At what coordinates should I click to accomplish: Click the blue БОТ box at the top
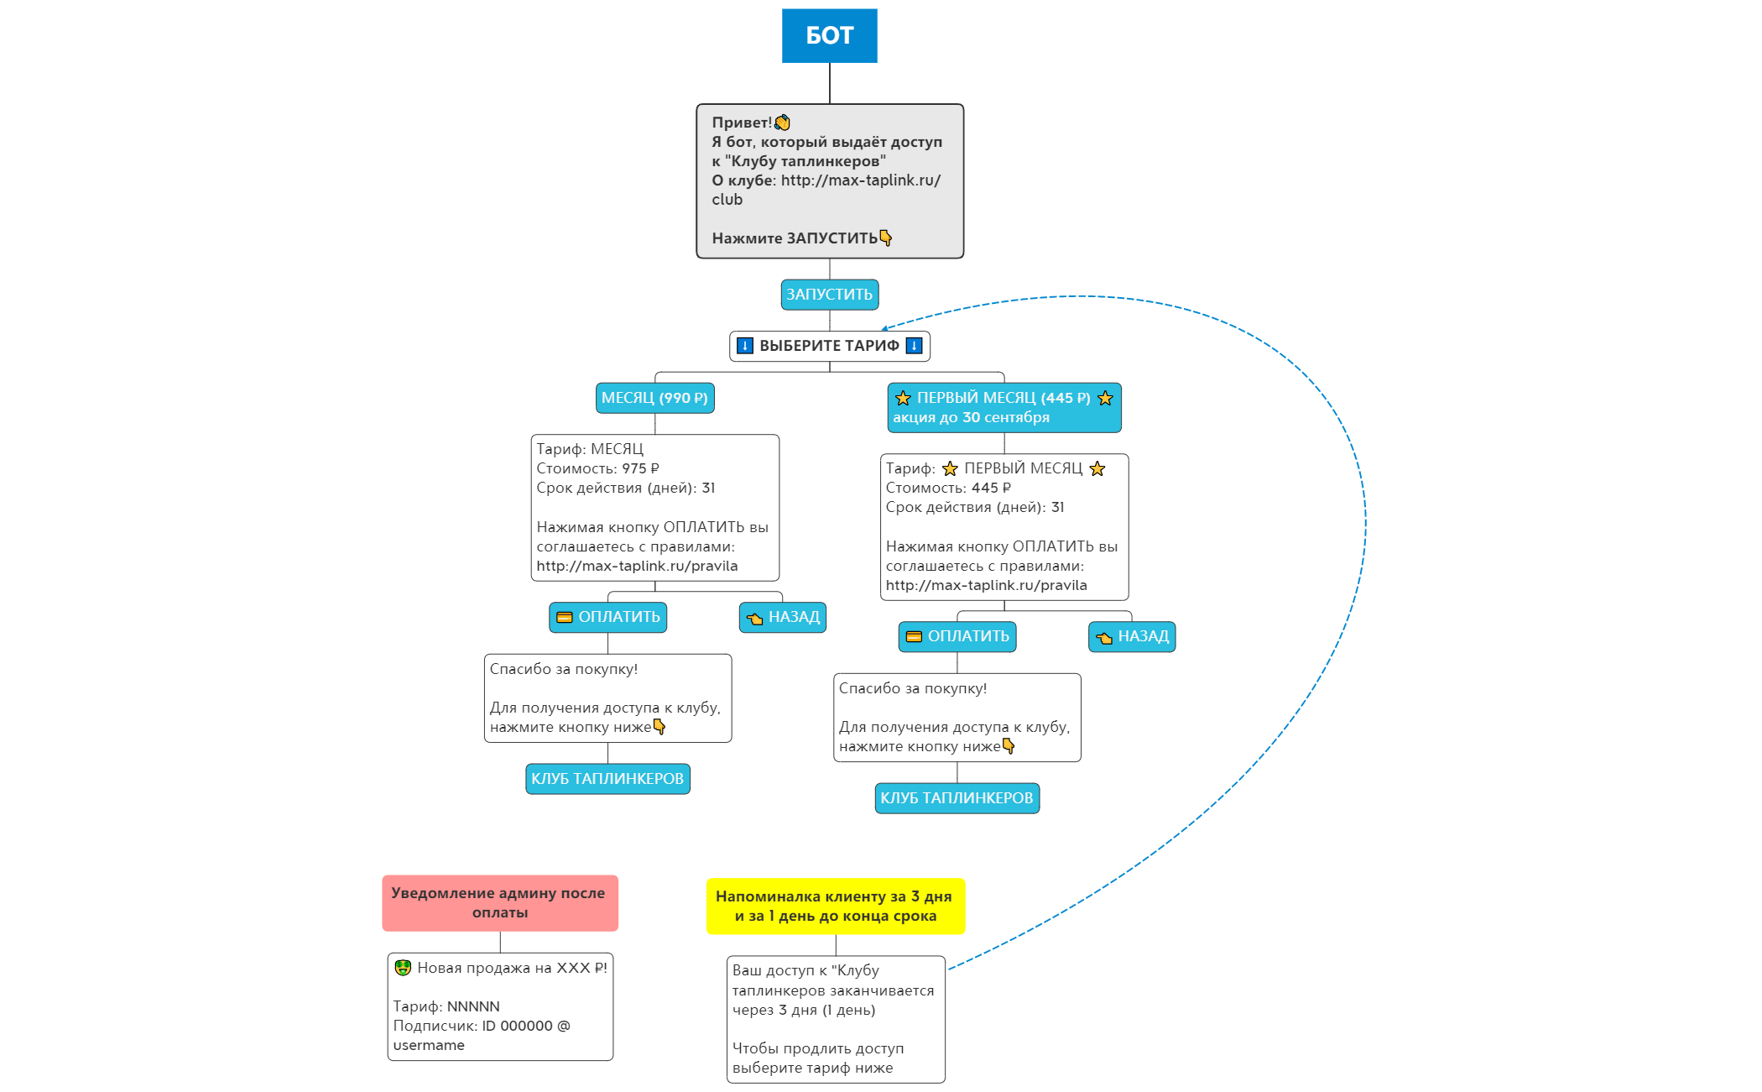pos(829,36)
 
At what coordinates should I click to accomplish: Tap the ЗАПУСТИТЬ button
pos(829,295)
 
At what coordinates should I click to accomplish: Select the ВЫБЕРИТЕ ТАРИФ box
pos(829,346)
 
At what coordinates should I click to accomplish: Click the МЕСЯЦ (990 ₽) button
pos(654,398)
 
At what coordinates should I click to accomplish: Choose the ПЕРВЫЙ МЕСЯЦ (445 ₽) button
pos(1004,408)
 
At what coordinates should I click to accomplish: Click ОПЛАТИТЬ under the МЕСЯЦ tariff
pos(607,617)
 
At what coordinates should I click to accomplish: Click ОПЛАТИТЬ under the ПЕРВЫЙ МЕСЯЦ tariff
pos(957,636)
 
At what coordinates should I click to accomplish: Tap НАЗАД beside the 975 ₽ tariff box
pos(782,617)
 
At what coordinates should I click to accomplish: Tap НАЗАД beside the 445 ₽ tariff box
pos(1131,636)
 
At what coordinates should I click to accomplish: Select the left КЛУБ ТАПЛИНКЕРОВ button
pos(607,779)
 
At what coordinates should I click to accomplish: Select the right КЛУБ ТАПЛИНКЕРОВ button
pos(957,798)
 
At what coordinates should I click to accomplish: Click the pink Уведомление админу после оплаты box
pos(499,903)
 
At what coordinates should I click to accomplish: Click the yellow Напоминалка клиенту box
pos(835,907)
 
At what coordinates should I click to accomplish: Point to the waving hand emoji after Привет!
pos(782,123)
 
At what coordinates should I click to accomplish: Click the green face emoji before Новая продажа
pos(403,968)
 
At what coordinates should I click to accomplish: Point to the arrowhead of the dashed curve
pos(884,329)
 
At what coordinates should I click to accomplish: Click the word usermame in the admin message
pos(429,1045)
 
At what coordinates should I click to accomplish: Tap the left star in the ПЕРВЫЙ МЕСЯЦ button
pos(903,398)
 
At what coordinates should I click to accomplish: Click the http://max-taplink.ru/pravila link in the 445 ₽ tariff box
pos(986,585)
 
